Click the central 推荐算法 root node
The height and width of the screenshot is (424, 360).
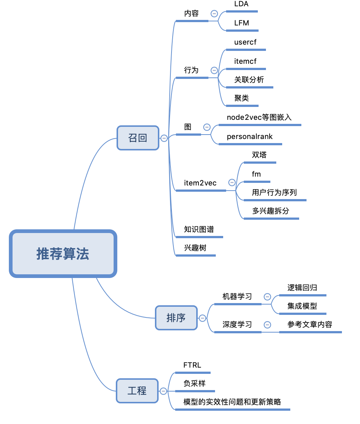pyautogui.click(x=63, y=254)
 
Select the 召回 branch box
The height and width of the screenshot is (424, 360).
pyautogui.click(x=138, y=138)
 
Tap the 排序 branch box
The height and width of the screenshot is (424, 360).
pyautogui.click(x=176, y=317)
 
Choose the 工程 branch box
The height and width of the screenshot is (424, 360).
pyautogui.click(x=137, y=390)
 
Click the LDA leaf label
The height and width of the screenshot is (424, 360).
pyautogui.click(x=242, y=4)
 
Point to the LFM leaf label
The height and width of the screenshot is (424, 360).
pyautogui.click(x=242, y=23)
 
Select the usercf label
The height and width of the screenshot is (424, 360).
pyautogui.click(x=245, y=42)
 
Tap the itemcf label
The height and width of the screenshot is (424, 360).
pyautogui.click(x=245, y=61)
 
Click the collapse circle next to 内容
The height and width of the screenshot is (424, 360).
pyautogui.click(x=214, y=14)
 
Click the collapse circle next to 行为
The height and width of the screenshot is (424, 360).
pyautogui.click(x=214, y=70)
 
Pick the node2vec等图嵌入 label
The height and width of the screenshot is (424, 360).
pyautogui.click(x=259, y=117)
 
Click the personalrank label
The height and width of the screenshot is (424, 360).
pyautogui.click(x=250, y=136)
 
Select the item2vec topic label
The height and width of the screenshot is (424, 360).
pyautogui.click(x=200, y=183)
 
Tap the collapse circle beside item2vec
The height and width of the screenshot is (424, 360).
pyautogui.click(x=232, y=182)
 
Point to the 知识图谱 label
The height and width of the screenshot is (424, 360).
pyautogui.click(x=199, y=229)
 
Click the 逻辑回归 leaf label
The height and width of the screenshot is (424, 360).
pyautogui.click(x=302, y=288)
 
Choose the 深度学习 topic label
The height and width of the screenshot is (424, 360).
pyautogui.click(x=237, y=324)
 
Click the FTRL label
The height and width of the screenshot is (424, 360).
pyautogui.click(x=192, y=365)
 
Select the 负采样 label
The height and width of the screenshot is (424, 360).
pyautogui.click(x=194, y=383)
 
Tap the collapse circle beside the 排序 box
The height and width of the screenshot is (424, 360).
pyautogui.click(x=202, y=318)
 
